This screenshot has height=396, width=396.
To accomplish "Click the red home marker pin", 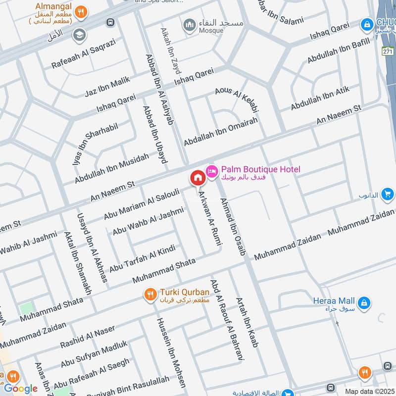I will [x=198, y=178].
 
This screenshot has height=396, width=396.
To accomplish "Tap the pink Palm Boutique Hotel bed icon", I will [x=212, y=170].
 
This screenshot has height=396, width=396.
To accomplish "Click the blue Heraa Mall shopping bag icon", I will [x=363, y=301].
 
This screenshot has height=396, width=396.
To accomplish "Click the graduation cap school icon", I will [x=78, y=35].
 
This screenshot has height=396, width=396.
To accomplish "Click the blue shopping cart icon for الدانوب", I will [x=388, y=194].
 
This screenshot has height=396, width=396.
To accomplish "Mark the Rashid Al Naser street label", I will [x=88, y=336].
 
